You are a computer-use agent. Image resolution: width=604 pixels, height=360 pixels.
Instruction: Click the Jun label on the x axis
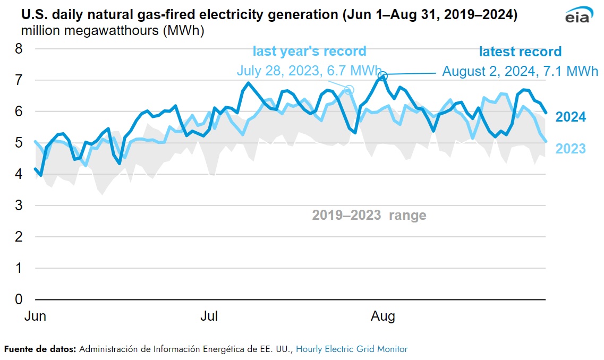36,316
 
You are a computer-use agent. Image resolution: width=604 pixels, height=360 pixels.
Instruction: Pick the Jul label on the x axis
209,316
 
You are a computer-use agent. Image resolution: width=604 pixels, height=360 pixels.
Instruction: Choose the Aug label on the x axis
382,316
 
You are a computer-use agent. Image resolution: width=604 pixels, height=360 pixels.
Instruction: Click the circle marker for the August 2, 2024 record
382,76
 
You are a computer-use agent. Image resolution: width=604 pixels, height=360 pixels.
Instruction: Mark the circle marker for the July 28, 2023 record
349,89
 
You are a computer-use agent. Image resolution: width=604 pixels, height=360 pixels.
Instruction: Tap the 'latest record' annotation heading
520,52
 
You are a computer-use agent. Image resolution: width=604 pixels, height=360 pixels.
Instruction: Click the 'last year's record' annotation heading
309,51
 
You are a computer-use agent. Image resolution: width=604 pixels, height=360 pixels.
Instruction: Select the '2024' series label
571,117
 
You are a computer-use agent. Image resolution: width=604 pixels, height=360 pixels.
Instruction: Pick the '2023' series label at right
571,149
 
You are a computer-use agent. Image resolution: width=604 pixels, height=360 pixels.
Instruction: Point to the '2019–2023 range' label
369,215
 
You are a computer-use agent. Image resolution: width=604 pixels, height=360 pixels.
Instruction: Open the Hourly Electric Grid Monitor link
352,349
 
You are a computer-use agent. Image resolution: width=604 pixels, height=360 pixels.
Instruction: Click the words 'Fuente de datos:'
41,349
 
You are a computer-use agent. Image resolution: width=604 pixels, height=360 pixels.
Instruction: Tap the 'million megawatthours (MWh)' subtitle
113,30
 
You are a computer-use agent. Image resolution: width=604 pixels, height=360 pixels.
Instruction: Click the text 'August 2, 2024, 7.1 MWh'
520,71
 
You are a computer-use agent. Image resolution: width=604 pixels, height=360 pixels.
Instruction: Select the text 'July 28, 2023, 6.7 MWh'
309,70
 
